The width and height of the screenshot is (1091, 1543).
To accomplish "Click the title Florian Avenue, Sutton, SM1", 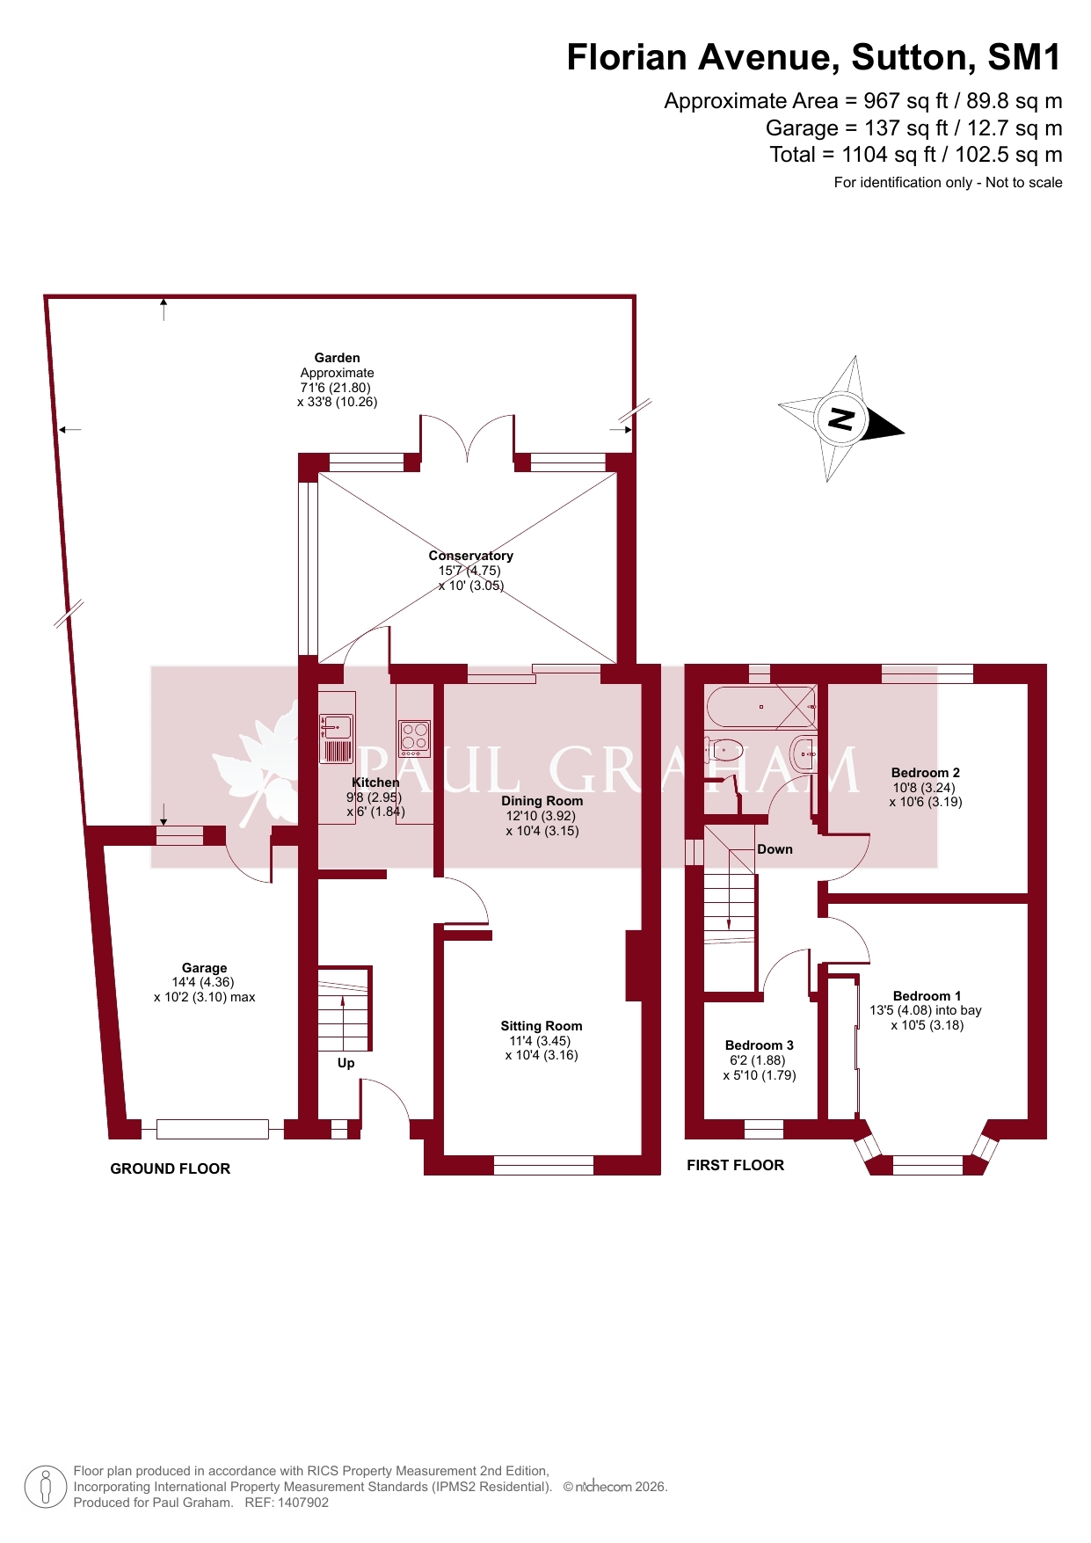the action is (814, 57).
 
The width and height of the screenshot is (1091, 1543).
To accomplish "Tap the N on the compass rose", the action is (841, 419).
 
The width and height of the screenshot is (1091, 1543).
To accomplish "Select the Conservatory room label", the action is (470, 556).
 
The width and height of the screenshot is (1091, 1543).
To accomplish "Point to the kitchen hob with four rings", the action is (414, 739).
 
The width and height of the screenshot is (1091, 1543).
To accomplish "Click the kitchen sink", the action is (336, 726).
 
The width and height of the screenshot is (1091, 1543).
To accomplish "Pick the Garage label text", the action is (205, 968).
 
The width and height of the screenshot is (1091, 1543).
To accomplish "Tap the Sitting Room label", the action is (542, 1026).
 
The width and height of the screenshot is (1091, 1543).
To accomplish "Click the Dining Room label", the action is (542, 801).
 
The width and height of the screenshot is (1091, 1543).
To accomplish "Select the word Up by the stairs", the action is (346, 1064).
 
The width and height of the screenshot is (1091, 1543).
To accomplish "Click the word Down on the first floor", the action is (775, 849).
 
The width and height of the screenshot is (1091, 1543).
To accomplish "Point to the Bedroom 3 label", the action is (760, 1045).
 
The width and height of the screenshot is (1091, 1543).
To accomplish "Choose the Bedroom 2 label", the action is (926, 773).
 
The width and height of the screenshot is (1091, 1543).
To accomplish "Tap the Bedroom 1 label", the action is (927, 996).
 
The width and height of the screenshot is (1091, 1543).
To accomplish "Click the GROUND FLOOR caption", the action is (171, 1168).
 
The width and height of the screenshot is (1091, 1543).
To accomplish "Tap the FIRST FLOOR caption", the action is (736, 1165).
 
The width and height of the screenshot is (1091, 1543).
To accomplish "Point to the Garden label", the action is (338, 358).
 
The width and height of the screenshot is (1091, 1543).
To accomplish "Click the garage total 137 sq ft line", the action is (914, 128).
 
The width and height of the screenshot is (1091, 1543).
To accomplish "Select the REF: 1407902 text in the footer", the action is (287, 1503).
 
